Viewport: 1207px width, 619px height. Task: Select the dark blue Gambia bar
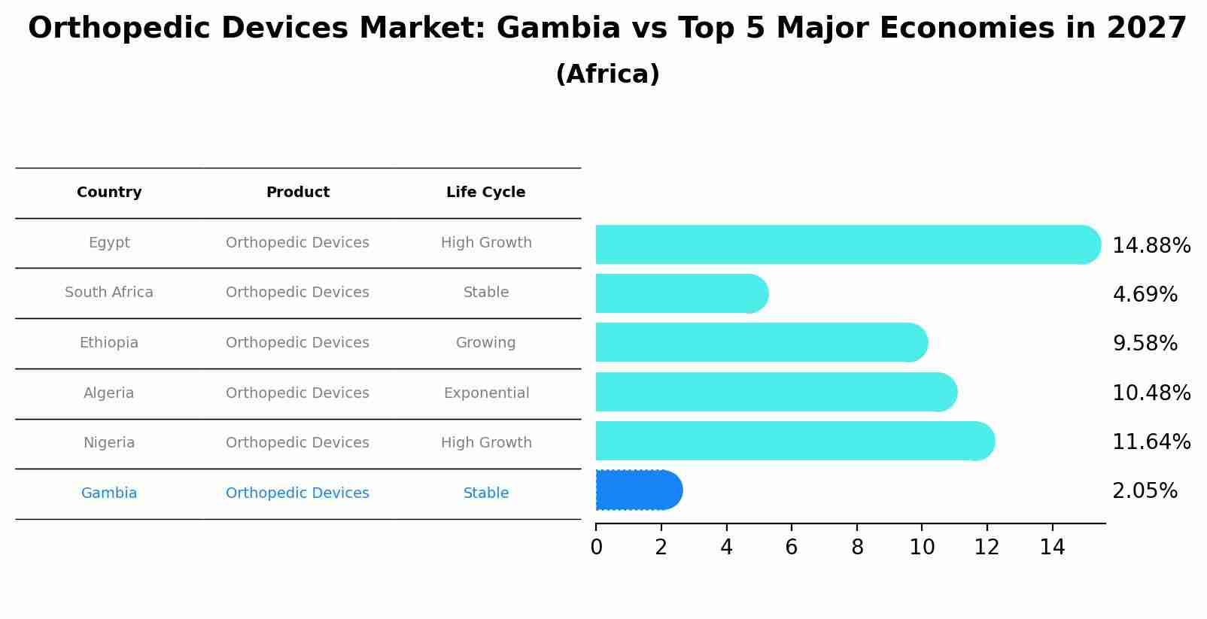pos(638,490)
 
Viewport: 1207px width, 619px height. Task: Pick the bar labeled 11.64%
pos(794,441)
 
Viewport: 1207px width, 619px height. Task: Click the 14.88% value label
pos(1151,246)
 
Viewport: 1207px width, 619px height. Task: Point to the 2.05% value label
pos(1144,491)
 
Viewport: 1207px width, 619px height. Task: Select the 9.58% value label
pos(1144,344)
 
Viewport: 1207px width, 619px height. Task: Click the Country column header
pos(109,193)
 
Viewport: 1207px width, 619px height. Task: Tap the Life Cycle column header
pos(485,193)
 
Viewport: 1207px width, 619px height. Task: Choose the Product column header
pos(297,193)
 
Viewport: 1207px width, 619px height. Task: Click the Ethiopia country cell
pos(109,343)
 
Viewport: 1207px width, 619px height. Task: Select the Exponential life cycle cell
pos(486,393)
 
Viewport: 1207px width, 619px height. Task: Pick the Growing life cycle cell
pos(485,343)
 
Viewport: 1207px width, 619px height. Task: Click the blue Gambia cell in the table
pos(109,493)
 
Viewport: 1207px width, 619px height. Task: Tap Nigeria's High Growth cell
pos(486,443)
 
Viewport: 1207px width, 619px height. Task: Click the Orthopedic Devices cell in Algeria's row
pos(297,393)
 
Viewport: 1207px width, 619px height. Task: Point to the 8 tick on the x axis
pos(857,548)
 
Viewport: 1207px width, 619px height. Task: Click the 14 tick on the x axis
pos(1052,548)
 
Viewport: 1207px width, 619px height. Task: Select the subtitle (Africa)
pos(607,74)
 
